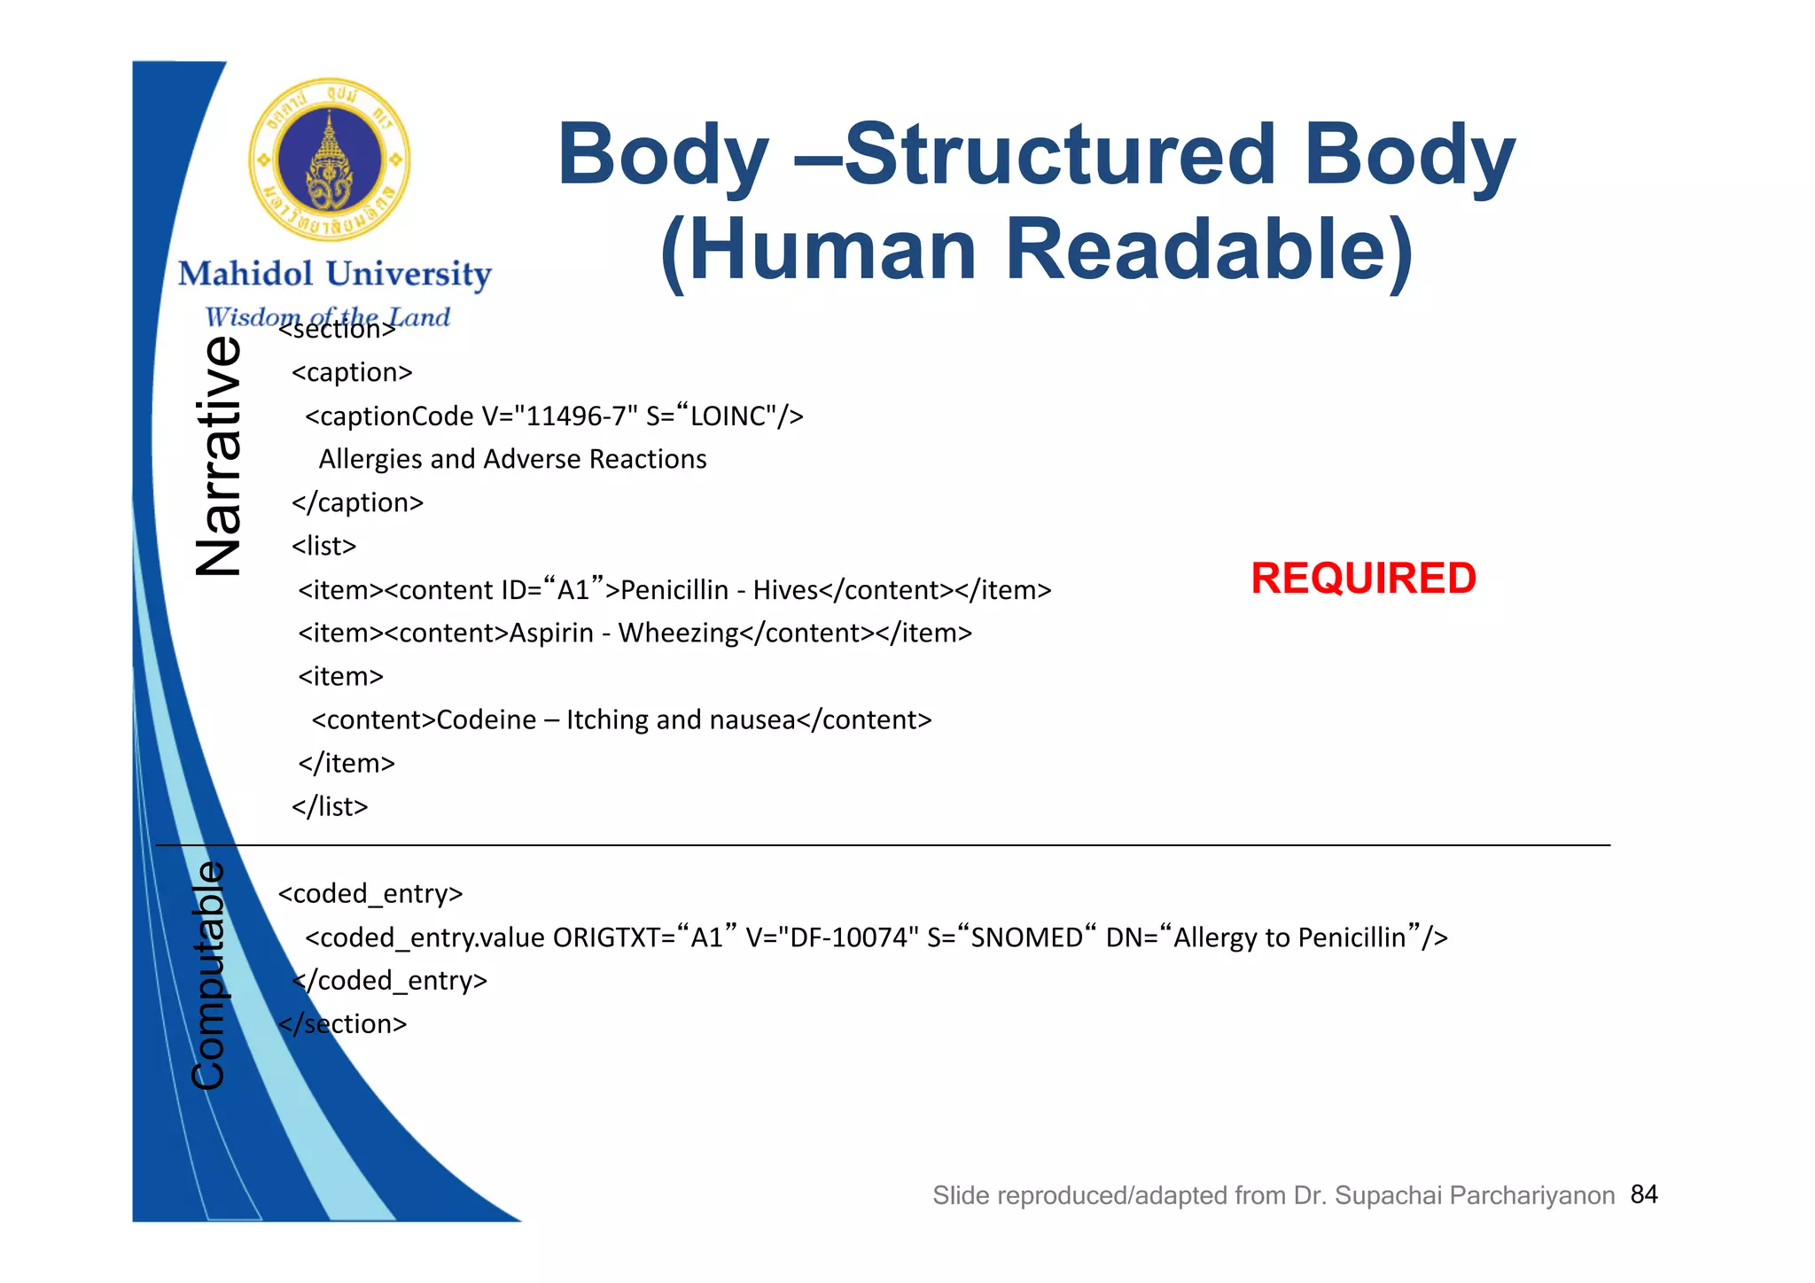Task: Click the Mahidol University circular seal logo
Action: [x=329, y=159]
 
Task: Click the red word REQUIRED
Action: [x=1363, y=579]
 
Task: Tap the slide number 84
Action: [x=1644, y=1194]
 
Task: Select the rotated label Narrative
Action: [x=218, y=455]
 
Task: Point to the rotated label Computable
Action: [x=209, y=976]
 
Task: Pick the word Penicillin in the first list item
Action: [x=674, y=590]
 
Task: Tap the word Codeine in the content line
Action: [x=487, y=720]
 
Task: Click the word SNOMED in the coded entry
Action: [x=1026, y=937]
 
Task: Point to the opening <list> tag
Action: [x=324, y=546]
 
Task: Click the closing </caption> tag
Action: [x=358, y=502]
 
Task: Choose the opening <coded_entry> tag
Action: [x=370, y=894]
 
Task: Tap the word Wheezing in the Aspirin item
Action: [x=678, y=634]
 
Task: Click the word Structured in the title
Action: [x=1060, y=155]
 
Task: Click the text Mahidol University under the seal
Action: [x=334, y=275]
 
